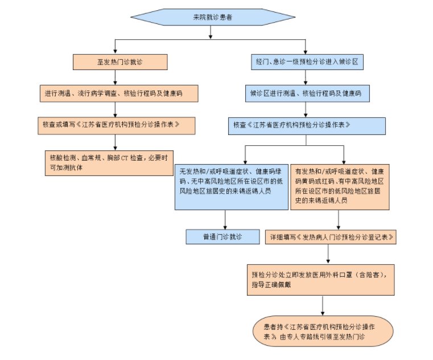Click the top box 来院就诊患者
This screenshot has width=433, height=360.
pyautogui.click(x=212, y=18)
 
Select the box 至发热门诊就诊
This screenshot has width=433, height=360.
pyautogui.click(x=119, y=60)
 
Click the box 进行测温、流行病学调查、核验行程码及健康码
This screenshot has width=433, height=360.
pyautogui.click(x=120, y=92)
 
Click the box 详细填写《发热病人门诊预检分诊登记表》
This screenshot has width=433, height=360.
pyautogui.click(x=331, y=236)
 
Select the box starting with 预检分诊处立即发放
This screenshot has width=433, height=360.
pyautogui.click(x=323, y=279)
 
